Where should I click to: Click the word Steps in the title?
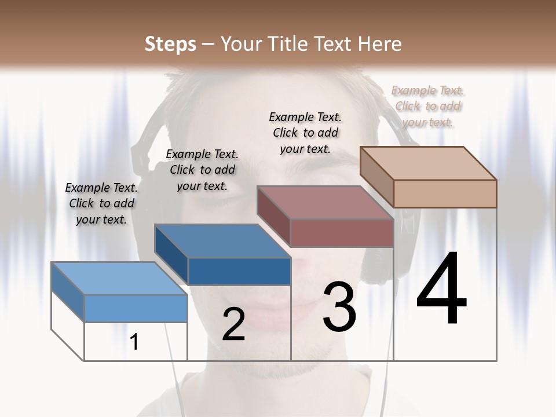click(170, 44)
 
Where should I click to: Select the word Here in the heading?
click(379, 44)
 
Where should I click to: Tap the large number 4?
click(441, 290)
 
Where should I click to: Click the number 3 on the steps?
click(339, 308)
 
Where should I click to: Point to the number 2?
click(233, 325)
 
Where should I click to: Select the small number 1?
click(134, 342)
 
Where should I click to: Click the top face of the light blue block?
click(119, 278)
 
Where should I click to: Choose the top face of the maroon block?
click(325, 203)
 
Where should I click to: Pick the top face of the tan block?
click(428, 163)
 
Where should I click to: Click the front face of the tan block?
click(445, 193)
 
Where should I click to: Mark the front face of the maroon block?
click(342, 233)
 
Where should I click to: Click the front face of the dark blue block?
click(239, 271)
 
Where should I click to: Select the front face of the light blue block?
click(136, 308)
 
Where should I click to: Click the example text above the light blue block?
click(101, 203)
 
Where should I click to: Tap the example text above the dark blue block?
click(202, 170)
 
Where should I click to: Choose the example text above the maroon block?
click(305, 133)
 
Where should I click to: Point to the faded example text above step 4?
click(428, 106)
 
